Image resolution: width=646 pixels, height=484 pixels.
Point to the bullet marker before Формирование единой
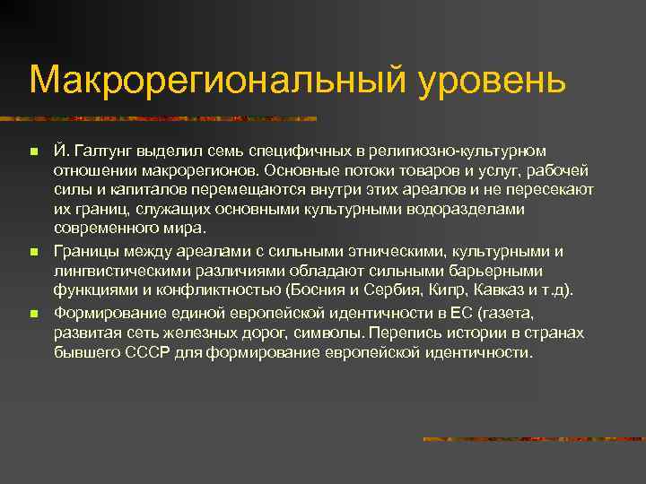pyautogui.click(x=32, y=315)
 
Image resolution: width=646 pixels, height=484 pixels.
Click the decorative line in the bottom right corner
pyautogui.click(x=534, y=439)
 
